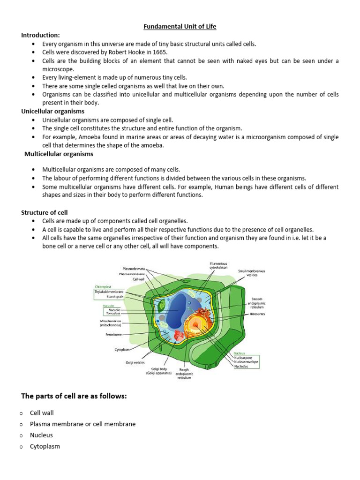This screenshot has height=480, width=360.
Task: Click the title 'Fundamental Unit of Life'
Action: click(x=180, y=27)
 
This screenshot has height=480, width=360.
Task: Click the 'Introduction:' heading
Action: click(x=40, y=35)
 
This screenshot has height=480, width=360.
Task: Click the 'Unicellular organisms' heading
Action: click(x=52, y=111)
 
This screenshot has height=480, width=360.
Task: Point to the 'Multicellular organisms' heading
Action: click(x=59, y=154)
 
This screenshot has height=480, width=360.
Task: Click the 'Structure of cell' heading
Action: click(x=45, y=212)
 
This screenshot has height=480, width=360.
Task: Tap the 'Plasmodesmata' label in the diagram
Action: click(x=134, y=269)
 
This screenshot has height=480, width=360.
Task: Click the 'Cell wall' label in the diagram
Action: click(x=138, y=279)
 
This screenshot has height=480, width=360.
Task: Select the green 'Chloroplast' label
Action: click(x=103, y=286)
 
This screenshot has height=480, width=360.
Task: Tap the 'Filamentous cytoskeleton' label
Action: click(x=218, y=265)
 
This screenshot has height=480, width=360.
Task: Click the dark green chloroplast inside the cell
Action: click(x=161, y=306)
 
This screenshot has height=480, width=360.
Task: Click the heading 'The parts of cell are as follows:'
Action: click(x=74, y=396)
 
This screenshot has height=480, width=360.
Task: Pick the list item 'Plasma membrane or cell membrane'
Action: click(x=82, y=424)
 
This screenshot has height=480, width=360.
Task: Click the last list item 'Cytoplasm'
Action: click(x=45, y=446)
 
